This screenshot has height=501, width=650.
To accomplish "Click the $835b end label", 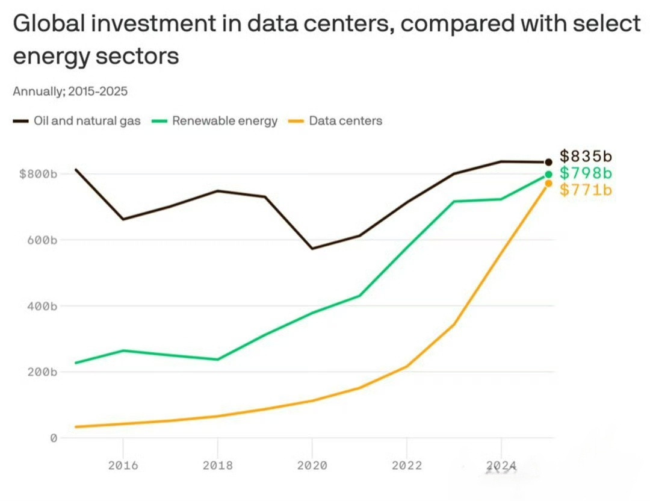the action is [x=586, y=156].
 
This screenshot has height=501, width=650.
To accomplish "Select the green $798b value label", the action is [x=586, y=173].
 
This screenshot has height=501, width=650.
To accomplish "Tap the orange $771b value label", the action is [x=586, y=190].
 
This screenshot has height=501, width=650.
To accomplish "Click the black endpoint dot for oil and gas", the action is [x=548, y=162].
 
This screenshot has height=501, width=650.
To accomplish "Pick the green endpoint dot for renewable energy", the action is [x=548, y=174].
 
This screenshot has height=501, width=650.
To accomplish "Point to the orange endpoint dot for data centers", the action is [x=548, y=183].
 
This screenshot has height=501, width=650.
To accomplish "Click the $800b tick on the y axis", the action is [x=38, y=174].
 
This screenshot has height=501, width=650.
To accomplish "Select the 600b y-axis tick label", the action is [x=42, y=240].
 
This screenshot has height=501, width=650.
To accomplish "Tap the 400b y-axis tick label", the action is [x=42, y=306].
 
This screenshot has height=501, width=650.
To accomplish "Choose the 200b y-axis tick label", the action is [x=42, y=372].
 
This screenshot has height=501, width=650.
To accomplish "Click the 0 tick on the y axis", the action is [x=54, y=438].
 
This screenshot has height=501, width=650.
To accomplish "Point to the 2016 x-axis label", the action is [x=123, y=465].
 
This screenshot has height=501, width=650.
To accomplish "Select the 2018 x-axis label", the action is [x=218, y=465].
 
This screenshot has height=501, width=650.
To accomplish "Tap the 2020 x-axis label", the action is [x=312, y=465].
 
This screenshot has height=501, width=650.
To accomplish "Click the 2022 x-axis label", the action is [x=407, y=465].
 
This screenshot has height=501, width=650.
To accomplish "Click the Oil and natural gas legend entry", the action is [x=76, y=120].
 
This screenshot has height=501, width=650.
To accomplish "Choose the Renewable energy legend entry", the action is [x=215, y=120].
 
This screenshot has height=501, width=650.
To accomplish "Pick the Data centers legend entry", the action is [x=335, y=120].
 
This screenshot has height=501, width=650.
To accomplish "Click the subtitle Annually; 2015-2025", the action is [x=70, y=92].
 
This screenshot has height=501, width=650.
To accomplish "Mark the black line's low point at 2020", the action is [x=312, y=249].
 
